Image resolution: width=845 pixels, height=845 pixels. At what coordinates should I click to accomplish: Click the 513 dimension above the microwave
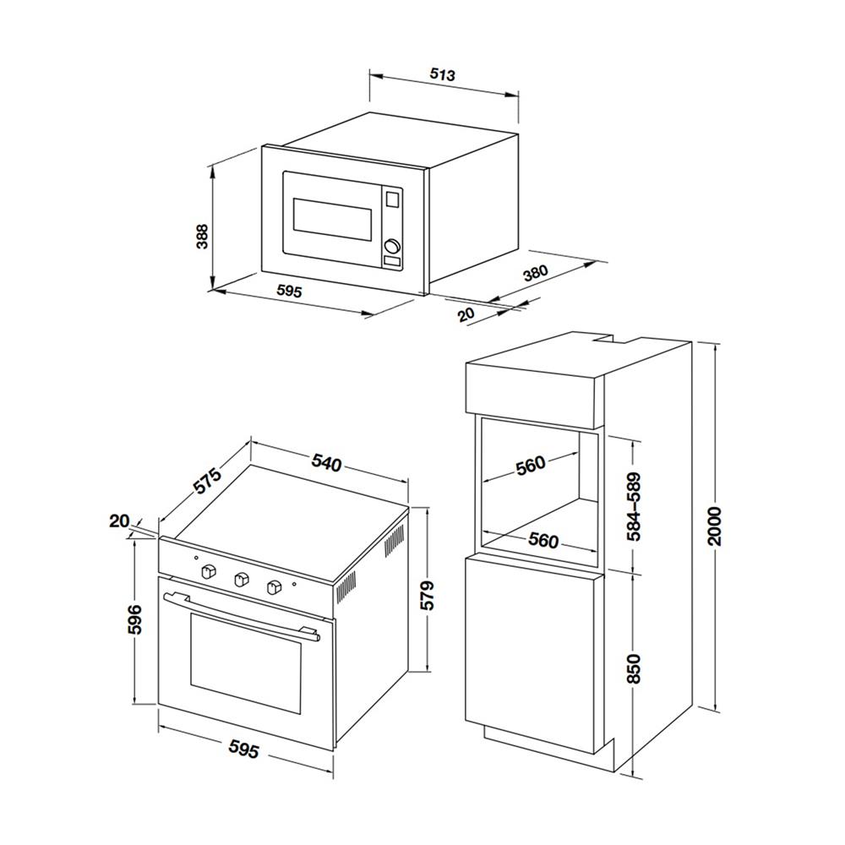tap(443, 75)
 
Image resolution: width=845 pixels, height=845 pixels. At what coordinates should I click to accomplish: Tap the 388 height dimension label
tap(202, 236)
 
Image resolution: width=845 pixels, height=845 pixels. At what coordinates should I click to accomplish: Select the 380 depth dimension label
tap(536, 274)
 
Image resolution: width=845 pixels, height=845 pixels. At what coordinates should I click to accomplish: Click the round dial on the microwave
tap(392, 246)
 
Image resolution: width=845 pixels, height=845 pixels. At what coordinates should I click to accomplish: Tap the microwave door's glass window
tap(332, 220)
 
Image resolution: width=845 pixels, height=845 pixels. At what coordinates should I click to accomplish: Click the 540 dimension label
tap(326, 463)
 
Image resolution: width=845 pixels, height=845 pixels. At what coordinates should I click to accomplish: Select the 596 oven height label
tap(134, 619)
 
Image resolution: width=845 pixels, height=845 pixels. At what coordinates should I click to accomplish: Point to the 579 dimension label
tap(427, 595)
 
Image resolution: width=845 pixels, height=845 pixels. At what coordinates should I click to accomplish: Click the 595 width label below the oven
tap(244, 749)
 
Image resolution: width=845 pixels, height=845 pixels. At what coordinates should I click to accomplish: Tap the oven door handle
tap(242, 616)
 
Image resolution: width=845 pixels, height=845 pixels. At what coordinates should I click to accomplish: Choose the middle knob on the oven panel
tap(240, 580)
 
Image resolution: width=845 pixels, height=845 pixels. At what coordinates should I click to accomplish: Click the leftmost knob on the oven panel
tap(209, 571)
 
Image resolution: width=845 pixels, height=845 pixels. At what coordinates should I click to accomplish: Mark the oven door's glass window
tap(245, 662)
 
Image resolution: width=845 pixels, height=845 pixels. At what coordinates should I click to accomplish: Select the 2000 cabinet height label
tap(714, 526)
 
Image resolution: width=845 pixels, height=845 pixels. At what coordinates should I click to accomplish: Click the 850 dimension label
tap(635, 668)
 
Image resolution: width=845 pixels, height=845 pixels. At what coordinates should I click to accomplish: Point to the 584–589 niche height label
tap(635, 506)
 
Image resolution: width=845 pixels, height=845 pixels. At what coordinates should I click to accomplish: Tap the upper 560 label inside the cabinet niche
tap(531, 466)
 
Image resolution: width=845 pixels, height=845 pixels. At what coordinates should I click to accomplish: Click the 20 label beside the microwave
tap(466, 314)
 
